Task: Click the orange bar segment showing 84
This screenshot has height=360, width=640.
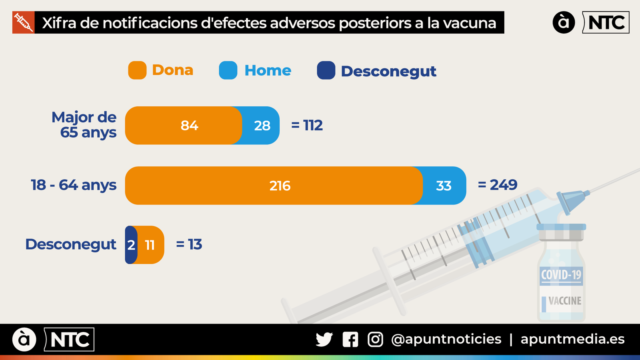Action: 184,126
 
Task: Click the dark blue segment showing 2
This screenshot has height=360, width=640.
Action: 131,245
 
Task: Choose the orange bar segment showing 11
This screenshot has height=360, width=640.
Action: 151,245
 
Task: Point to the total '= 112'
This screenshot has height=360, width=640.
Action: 307,126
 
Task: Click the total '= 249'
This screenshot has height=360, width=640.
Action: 498,185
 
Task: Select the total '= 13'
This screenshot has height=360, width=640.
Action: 189,244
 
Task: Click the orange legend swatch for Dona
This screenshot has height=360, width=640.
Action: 137,70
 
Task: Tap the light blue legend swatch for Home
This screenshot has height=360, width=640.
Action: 228,70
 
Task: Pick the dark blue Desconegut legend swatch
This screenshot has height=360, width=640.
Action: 326,70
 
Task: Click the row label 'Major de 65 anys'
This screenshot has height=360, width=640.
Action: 84,125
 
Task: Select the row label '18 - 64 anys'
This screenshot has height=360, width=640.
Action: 74,185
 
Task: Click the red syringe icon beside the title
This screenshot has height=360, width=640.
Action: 23,22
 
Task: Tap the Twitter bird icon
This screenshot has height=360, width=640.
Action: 324,340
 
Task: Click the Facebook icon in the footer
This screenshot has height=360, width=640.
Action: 350,340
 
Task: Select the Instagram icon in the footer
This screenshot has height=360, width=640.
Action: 375,340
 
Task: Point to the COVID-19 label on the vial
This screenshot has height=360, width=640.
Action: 561,275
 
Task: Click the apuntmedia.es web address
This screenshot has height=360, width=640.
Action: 572,339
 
